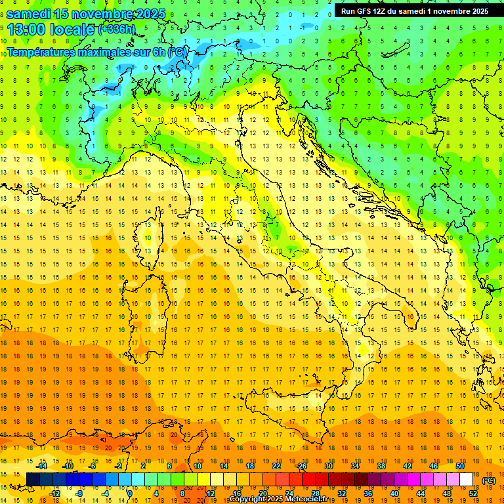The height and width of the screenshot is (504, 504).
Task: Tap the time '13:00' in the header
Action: (x=26, y=29)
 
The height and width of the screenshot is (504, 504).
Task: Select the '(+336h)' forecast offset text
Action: (x=117, y=29)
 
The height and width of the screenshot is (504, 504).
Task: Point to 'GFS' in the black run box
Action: (x=362, y=11)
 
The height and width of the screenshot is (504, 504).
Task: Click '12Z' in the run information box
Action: (x=379, y=11)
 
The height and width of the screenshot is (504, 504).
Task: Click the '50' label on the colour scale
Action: (x=459, y=465)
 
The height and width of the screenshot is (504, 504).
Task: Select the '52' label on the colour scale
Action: (x=472, y=493)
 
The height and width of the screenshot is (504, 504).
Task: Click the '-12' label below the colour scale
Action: (x=54, y=493)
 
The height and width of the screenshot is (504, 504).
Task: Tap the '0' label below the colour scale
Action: (x=129, y=493)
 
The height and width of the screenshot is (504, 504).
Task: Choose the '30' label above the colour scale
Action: (x=328, y=465)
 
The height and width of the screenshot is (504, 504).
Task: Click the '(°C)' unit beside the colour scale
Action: (x=489, y=480)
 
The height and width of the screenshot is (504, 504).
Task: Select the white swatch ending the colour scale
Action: (x=466, y=479)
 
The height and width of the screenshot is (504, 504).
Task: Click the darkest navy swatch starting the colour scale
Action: (x=33, y=479)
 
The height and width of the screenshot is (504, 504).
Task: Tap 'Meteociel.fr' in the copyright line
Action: (x=311, y=499)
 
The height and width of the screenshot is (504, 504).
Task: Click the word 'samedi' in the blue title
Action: (x=28, y=14)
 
